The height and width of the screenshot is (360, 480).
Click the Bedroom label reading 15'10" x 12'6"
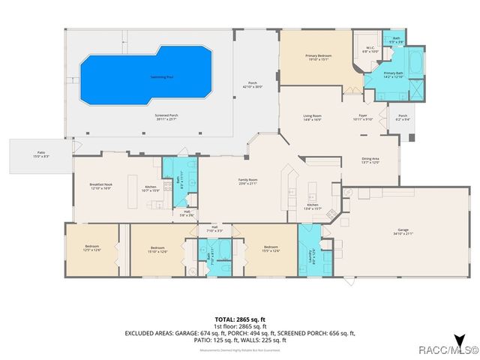pos(157,250)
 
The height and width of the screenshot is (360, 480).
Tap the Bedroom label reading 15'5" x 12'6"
pos(270,250)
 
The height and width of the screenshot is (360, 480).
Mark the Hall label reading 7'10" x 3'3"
pos(214,229)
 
